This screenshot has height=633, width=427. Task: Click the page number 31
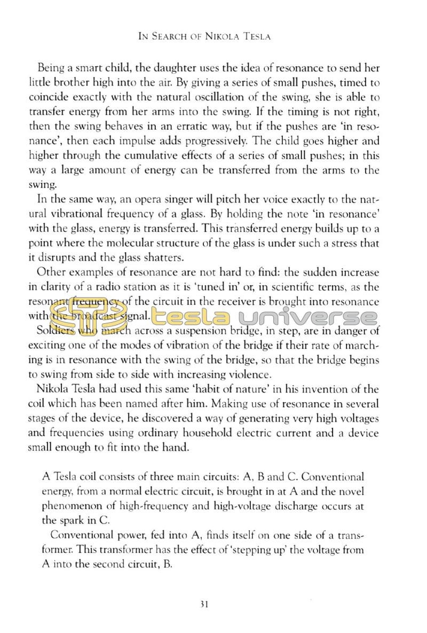(x=203, y=605)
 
